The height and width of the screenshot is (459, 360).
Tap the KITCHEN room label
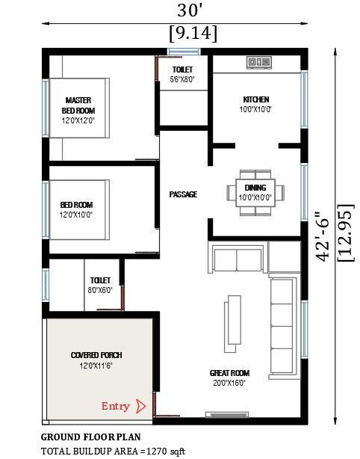[255, 99]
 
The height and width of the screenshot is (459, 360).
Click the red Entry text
[115, 407]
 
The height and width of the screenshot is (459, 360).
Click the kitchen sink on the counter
[258, 63]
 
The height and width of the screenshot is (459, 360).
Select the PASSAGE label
[183, 194]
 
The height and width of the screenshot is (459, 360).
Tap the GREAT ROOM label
[229, 373]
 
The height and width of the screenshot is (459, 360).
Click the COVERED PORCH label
[96, 355]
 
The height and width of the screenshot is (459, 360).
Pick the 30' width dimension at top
[190, 10]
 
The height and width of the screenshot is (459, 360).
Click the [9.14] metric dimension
[193, 33]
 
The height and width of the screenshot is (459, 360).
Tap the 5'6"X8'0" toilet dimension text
[182, 79]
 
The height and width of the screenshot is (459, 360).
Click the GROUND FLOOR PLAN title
[90, 437]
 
